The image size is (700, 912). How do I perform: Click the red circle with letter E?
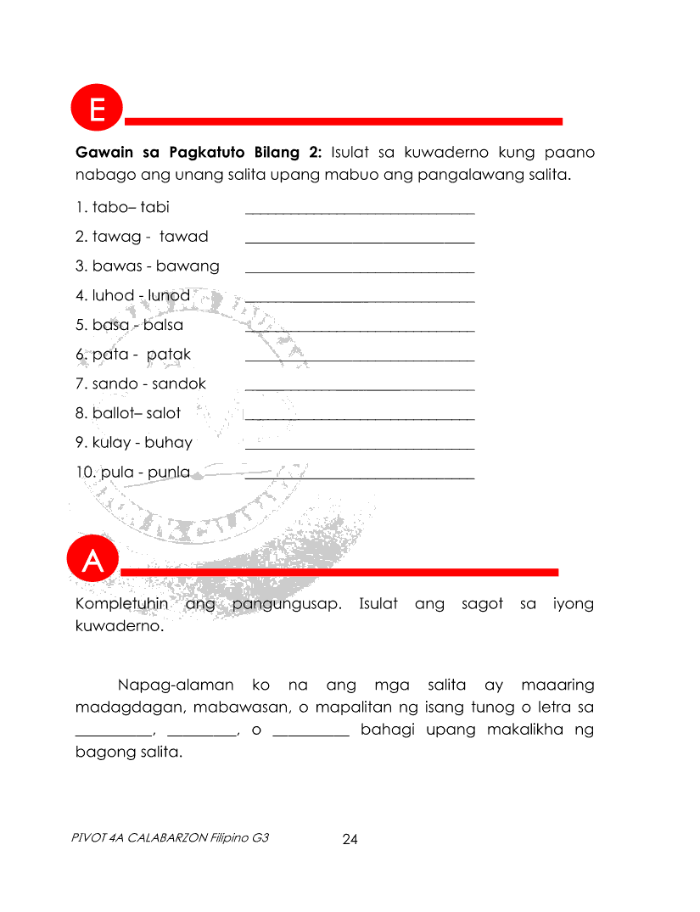pyautogui.click(x=98, y=111)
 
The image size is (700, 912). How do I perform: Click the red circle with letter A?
pyautogui.click(x=92, y=561)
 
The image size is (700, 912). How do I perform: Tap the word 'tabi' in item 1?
pyautogui.click(x=155, y=207)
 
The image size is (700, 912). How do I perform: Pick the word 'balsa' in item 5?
pyautogui.click(x=163, y=325)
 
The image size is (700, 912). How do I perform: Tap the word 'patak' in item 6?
pyautogui.click(x=169, y=355)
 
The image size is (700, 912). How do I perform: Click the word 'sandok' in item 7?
pyautogui.click(x=179, y=383)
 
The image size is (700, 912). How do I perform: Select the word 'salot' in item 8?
pyautogui.click(x=163, y=413)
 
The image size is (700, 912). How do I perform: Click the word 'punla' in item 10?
pyautogui.click(x=169, y=472)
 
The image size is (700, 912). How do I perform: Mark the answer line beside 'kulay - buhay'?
pyautogui.click(x=360, y=448)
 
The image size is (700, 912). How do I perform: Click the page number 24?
pyautogui.click(x=350, y=840)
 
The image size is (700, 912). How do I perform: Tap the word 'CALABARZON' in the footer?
pyautogui.click(x=166, y=837)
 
